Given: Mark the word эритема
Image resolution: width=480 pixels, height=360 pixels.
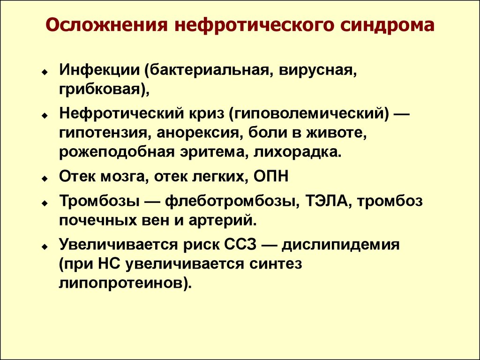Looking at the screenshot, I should point(212,152).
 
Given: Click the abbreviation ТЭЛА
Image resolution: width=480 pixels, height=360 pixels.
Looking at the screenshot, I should point(325,202).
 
